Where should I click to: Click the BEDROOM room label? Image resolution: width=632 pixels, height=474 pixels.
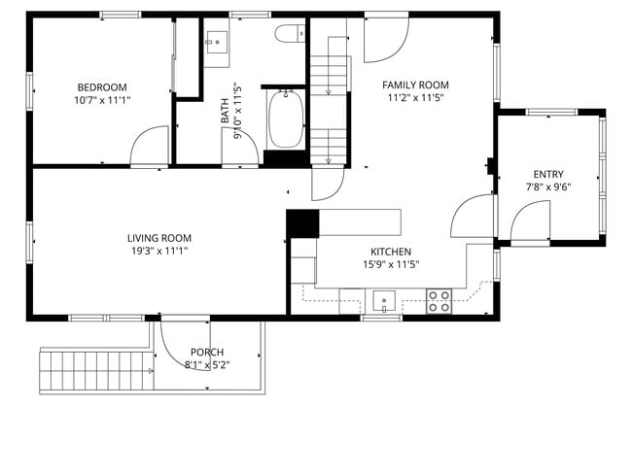click(102, 86)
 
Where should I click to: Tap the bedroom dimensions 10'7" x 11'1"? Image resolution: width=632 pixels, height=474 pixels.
click(102, 99)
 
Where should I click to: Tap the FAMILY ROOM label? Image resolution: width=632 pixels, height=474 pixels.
click(415, 85)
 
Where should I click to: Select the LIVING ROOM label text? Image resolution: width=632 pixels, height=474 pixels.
click(158, 238)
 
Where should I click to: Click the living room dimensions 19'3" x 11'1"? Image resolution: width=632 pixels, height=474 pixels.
click(158, 251)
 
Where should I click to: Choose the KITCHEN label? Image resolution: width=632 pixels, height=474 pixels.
click(390, 252)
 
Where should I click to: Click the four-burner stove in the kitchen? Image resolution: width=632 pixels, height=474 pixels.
click(439, 302)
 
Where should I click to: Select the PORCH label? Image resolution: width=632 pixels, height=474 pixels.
click(207, 353)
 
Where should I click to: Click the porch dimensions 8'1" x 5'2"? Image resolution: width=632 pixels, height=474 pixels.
click(207, 365)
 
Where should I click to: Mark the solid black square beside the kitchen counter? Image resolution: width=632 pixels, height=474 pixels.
click(302, 223)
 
